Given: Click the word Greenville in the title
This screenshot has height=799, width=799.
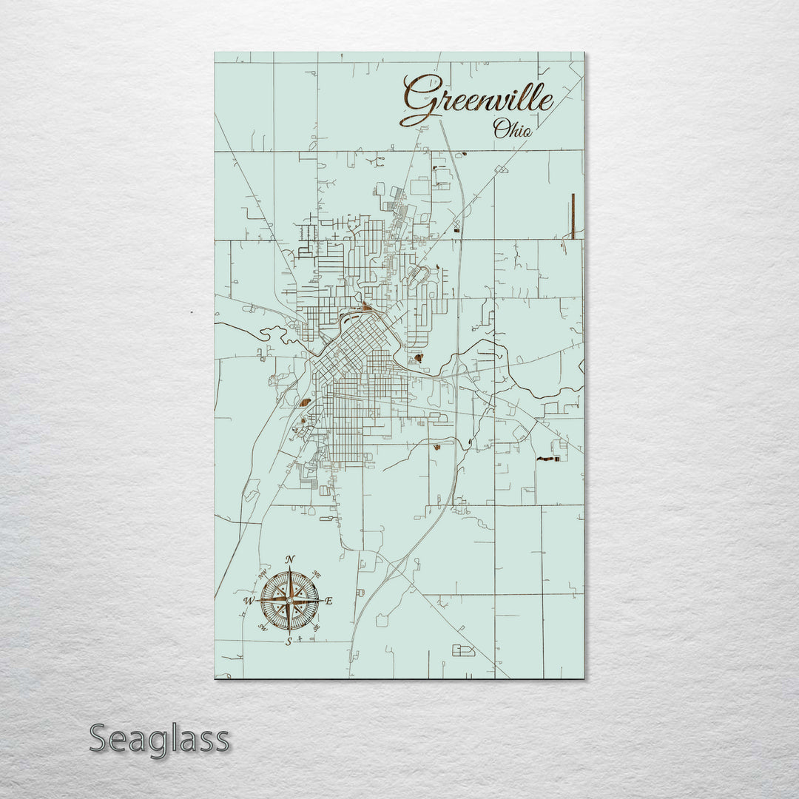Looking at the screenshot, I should coord(477,100).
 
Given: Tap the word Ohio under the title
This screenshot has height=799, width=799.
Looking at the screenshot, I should coord(512,129).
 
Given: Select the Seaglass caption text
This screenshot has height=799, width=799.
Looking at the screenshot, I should coord(159,738).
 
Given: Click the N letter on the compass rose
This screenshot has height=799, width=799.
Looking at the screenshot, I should coord(290,559).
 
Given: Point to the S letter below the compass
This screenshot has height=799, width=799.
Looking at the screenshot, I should coord(289,641).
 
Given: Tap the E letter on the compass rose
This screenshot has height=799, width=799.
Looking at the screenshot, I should coord(329,601).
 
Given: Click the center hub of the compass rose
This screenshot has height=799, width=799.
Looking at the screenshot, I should coord(289,601).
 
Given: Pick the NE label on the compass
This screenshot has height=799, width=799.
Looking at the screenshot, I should coord(317,573).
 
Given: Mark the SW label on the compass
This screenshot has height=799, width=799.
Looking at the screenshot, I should coord(262,628).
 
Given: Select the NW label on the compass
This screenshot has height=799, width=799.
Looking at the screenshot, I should coord(262,573).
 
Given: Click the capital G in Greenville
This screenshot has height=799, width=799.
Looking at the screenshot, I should coord(418,100).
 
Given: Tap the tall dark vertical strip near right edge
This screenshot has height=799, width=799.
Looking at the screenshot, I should coord(573,215).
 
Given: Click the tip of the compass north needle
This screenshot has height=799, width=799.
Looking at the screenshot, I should coord(289,568).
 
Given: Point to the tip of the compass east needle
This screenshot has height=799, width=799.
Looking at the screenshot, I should coord(321,601).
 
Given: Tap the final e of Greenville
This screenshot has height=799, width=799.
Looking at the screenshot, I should coord(546,102).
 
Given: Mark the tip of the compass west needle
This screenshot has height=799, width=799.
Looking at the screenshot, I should coord(257,601).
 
